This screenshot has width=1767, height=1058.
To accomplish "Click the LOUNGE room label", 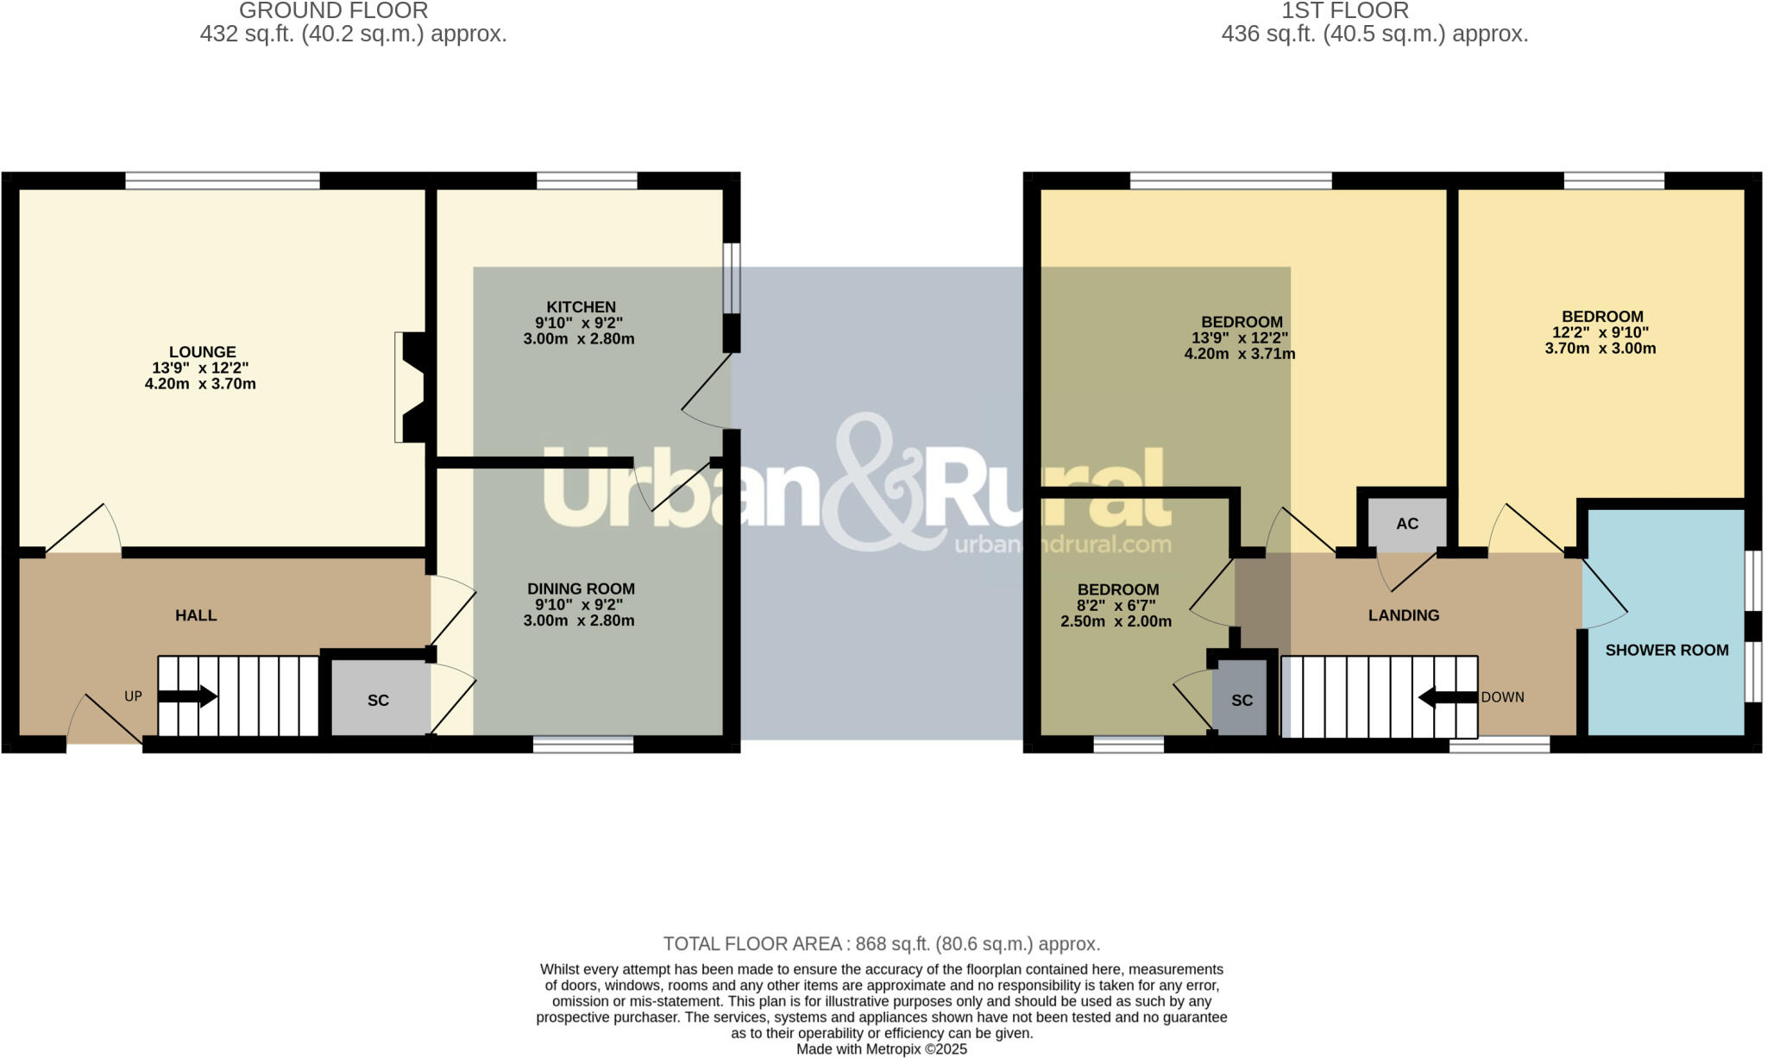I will click(202, 352).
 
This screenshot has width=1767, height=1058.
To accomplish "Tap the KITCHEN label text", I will click(581, 307).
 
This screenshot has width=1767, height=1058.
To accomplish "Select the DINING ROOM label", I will click(581, 589).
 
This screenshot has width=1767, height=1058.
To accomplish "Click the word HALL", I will click(196, 615).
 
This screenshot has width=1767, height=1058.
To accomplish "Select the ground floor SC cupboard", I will click(379, 700).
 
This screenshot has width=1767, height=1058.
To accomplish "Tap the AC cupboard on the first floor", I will click(1407, 524).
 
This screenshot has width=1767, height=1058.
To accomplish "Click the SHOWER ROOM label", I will click(1666, 651).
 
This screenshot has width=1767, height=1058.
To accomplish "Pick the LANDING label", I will click(1403, 615).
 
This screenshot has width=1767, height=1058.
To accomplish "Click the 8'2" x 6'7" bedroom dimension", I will click(1116, 606).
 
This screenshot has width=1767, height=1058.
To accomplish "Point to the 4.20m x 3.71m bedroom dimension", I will click(1239, 354).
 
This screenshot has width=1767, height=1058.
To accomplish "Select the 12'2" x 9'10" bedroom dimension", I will click(1600, 332).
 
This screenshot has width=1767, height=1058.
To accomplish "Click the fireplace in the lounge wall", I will click(409, 387).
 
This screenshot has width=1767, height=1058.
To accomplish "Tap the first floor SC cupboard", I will click(1242, 700).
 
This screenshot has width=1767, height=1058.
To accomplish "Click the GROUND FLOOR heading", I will click(333, 11).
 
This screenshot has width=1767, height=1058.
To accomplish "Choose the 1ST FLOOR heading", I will click(1344, 11).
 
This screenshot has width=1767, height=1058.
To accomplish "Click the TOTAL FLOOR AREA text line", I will click(881, 944).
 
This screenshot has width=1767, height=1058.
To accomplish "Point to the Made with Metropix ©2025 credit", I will click(881, 1049).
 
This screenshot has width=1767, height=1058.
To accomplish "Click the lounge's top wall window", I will click(223, 180).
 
